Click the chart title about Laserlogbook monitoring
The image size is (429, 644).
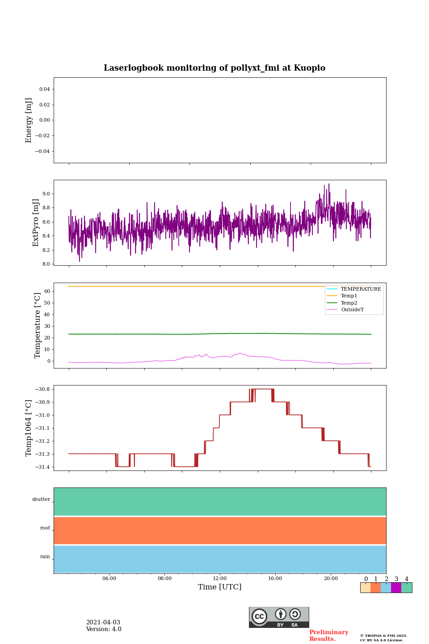214,68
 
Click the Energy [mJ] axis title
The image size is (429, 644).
29,120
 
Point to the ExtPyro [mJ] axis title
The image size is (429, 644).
36,223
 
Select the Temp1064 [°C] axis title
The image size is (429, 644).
29,428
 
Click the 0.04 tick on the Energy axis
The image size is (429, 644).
44,89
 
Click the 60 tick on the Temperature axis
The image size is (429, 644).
47,292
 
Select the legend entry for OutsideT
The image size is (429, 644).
352,310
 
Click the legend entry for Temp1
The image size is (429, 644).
349,296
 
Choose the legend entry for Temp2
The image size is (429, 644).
349,303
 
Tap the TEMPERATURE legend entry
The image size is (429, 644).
361,289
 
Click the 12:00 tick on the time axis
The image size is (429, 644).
220,579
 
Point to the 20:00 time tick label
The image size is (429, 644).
331,579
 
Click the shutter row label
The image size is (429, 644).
41,500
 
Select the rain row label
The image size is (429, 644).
45,557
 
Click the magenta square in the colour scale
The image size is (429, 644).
396,588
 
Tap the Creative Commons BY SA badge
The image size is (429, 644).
279,617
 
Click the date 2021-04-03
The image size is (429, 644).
103,623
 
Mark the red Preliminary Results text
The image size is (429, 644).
328,636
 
